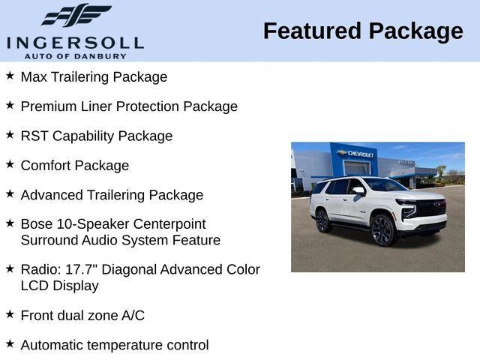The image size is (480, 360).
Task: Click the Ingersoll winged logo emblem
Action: (76, 15)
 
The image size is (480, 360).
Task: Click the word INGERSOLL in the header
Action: (75, 41)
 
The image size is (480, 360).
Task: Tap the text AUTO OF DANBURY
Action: (75, 55)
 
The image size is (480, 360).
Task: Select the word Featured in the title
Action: (310, 31)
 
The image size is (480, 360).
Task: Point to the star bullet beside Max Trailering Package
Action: (10, 76)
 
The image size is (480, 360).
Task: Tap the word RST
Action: (34, 136)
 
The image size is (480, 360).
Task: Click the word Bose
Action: (37, 224)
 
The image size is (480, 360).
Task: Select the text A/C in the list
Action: (133, 316)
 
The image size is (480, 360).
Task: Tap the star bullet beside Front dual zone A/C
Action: (10, 314)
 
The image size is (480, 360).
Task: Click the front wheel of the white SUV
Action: (382, 230)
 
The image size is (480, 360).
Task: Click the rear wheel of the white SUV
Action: (323, 220)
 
